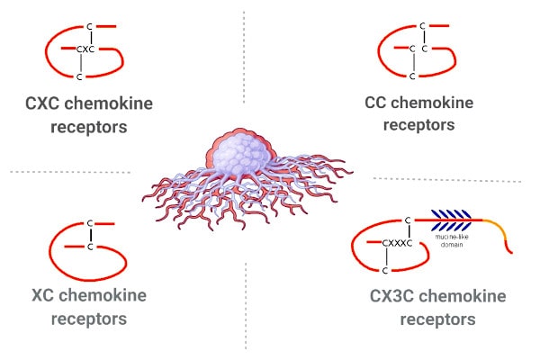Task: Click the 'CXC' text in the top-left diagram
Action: [85, 49]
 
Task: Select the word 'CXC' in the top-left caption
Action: [49, 103]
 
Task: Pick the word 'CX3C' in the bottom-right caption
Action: [395, 296]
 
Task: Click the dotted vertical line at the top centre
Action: [244, 54]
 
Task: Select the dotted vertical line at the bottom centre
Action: [245, 306]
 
